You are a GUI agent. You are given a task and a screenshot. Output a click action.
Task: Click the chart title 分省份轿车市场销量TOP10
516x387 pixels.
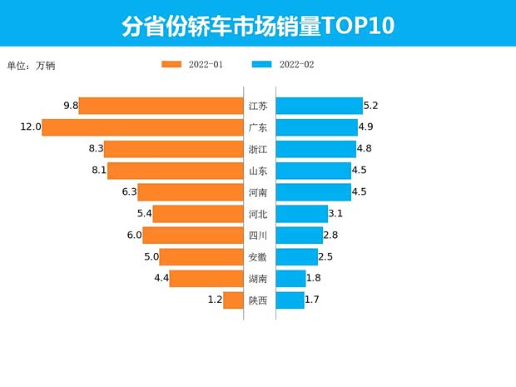258,25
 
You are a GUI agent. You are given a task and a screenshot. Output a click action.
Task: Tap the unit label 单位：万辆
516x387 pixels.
31,65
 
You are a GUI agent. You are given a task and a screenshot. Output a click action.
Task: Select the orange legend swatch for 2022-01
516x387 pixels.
172,64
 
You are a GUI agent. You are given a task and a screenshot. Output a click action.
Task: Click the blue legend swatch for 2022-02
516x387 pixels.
261,64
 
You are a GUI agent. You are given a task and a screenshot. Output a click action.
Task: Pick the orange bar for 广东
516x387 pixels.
142,127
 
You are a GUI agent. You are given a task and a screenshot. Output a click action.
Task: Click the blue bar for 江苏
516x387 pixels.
319,106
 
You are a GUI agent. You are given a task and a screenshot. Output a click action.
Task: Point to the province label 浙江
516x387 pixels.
258,149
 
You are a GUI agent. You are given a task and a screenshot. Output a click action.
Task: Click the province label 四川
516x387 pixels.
258,236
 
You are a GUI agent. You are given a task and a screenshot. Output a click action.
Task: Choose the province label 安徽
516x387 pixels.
258,257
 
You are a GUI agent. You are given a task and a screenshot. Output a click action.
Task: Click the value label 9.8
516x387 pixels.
70,106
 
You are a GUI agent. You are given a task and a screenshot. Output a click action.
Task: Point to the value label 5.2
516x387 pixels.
371,106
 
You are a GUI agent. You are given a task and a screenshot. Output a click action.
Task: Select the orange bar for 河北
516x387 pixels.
198,214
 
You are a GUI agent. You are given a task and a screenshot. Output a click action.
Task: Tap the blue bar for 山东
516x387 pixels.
313,171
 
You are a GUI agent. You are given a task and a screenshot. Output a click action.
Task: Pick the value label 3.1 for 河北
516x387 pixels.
336,214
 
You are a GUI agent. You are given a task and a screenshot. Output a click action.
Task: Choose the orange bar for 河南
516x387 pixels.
191,192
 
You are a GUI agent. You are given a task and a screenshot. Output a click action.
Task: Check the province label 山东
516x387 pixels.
258,171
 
